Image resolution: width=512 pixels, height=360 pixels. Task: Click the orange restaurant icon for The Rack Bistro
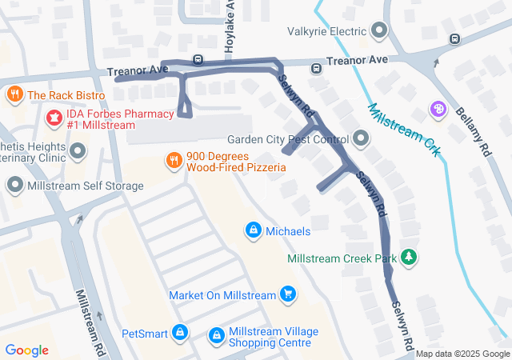coord(14,95)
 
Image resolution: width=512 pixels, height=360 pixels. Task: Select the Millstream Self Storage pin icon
coord(14,186)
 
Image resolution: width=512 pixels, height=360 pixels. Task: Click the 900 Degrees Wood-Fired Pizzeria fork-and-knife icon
coord(174,161)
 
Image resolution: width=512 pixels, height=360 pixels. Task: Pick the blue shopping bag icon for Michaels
coord(254,230)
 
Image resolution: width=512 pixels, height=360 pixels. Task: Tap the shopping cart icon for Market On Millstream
coord(288,295)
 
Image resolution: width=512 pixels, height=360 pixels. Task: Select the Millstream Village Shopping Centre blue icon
coord(216,337)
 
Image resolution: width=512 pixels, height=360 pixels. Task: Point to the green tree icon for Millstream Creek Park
coord(409,258)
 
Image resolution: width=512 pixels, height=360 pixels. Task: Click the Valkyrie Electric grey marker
coord(379,32)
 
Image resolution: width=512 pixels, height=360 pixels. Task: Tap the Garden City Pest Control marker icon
coord(361,139)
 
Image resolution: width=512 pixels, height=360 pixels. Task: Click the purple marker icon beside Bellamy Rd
coord(438,109)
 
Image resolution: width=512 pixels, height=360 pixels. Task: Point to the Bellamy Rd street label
coord(474,128)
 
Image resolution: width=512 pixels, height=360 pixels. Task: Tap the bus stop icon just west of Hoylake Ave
coord(198,60)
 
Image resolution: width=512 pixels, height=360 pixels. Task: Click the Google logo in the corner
coord(26,350)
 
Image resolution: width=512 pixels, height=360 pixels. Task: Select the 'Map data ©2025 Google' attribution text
coord(462,354)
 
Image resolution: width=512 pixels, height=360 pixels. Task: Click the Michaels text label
coord(288,231)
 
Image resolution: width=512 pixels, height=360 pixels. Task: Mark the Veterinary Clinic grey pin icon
coord(78,150)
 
